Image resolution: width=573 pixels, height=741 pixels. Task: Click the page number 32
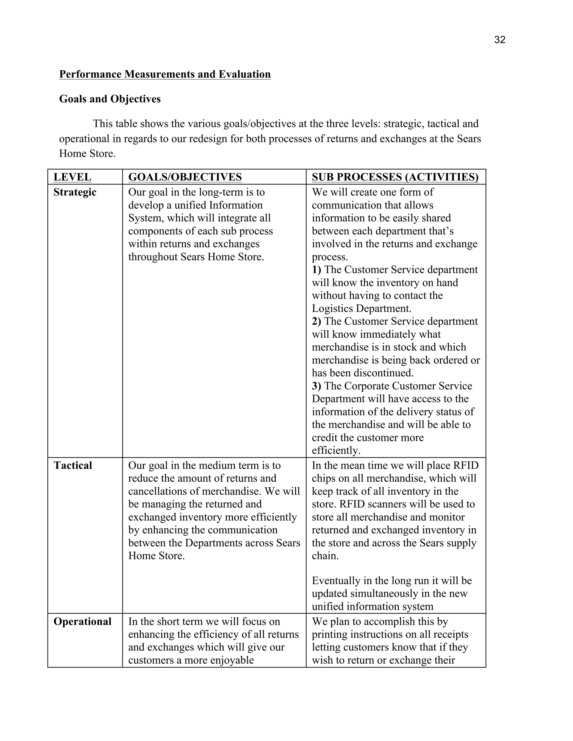click(500, 40)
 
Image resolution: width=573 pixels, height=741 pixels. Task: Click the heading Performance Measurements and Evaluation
click(165, 74)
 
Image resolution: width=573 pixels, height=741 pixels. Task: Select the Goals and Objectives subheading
click(110, 99)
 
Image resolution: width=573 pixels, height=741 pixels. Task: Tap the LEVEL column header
click(72, 177)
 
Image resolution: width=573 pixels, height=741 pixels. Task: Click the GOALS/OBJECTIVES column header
click(185, 177)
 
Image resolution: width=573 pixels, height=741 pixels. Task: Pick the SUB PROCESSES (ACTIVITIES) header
click(395, 177)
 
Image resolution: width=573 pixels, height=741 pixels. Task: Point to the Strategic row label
click(75, 192)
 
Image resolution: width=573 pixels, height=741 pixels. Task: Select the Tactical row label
click(73, 465)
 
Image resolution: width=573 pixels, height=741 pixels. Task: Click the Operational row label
click(83, 621)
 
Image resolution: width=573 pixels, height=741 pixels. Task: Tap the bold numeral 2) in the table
click(316, 321)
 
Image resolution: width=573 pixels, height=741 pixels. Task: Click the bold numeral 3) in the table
click(316, 386)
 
